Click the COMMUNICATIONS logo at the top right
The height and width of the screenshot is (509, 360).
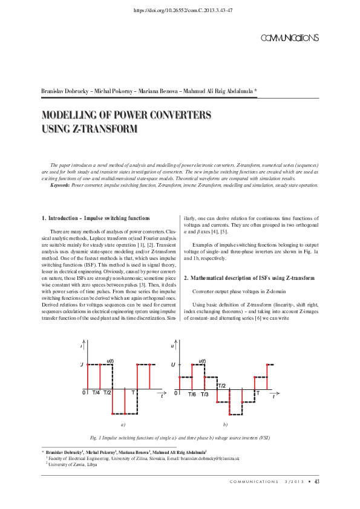(x=289, y=38)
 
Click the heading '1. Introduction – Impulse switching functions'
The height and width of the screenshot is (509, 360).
(x=96, y=217)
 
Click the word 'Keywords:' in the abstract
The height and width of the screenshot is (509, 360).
(x=61, y=186)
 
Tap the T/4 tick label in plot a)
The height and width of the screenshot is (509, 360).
(x=96, y=393)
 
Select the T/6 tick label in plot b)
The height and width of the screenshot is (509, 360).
(x=192, y=394)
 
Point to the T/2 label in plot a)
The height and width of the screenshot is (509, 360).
(x=107, y=393)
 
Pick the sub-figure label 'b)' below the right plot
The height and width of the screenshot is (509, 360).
(x=225, y=426)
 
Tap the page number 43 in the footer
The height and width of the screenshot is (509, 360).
(x=316, y=481)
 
